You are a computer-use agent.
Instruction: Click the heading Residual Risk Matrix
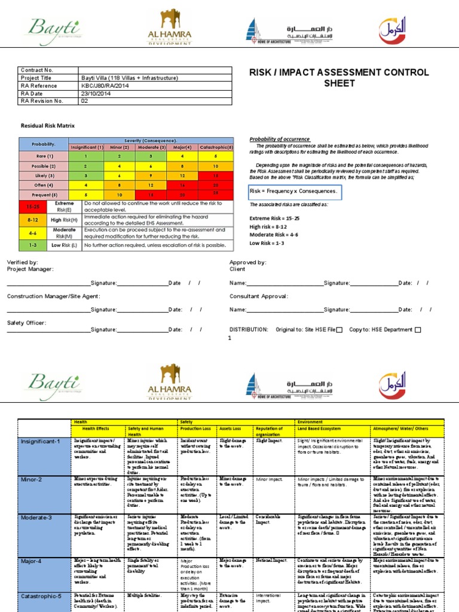click(48, 127)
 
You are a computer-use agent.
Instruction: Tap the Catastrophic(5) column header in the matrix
click(216, 146)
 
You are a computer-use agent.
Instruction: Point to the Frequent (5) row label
click(44, 194)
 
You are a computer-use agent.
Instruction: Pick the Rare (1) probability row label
click(44, 156)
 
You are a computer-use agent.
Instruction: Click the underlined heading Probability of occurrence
click(280, 139)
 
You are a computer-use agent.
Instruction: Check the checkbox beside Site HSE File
click(339, 330)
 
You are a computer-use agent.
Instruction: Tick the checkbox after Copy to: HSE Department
click(417, 330)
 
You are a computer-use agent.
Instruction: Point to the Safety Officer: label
click(26, 323)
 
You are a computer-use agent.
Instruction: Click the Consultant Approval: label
click(258, 296)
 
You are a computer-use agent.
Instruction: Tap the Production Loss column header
click(198, 429)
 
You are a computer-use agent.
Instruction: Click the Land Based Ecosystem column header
click(323, 429)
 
